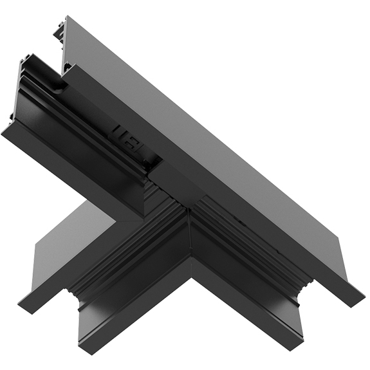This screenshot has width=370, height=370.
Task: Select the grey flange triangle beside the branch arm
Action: coord(61,241)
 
